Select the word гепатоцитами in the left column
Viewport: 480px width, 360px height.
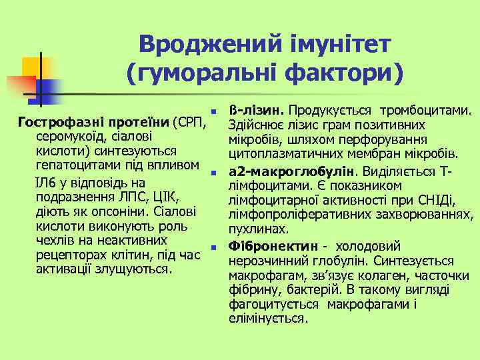click(x=73, y=164)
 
